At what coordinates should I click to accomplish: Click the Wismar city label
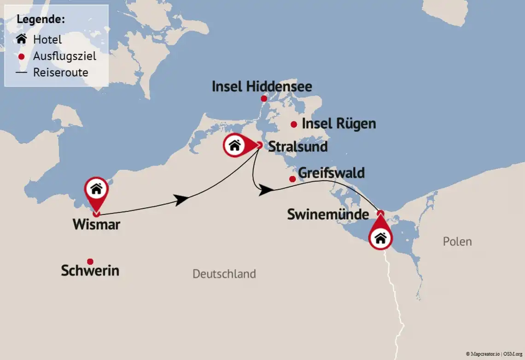click(96, 225)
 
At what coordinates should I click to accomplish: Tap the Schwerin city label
click(90, 271)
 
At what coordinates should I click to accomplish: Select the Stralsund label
click(298, 147)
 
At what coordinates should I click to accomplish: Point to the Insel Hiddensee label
click(262, 87)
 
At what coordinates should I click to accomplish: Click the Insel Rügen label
click(338, 124)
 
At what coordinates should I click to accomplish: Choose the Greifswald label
click(332, 173)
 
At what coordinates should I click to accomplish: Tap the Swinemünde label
click(328, 214)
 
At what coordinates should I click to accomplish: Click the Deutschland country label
click(224, 274)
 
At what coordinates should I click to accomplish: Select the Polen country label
click(457, 242)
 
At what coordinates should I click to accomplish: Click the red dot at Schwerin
click(90, 261)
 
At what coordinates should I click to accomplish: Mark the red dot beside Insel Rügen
click(294, 124)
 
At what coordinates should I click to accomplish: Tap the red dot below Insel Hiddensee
click(264, 98)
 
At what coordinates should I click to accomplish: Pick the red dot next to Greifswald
click(292, 179)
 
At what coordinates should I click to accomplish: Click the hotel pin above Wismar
click(96, 190)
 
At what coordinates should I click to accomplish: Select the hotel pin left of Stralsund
click(235, 146)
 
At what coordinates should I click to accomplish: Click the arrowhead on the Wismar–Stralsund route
click(182, 200)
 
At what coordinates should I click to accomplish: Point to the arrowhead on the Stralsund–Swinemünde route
click(264, 190)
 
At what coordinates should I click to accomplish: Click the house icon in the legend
click(21, 40)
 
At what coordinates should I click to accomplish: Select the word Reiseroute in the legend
click(60, 72)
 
